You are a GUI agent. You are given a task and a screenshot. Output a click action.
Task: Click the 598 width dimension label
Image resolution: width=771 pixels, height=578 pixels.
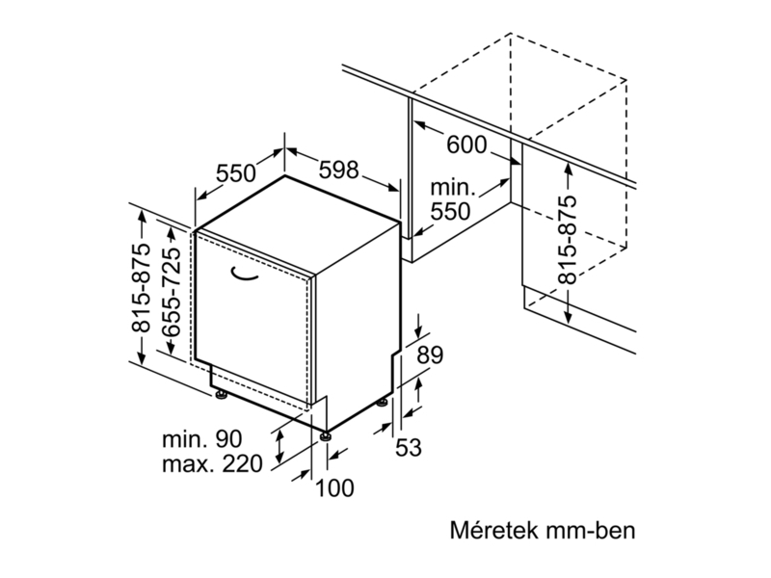(338, 170)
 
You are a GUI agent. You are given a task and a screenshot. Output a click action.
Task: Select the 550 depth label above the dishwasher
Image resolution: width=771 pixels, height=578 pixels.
(235, 174)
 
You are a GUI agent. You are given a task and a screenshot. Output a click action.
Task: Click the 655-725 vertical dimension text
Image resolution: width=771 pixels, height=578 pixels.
(173, 290)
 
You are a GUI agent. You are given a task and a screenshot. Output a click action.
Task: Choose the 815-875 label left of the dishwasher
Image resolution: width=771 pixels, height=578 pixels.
(142, 290)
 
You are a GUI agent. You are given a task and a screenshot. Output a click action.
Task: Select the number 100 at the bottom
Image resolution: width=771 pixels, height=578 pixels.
(334, 488)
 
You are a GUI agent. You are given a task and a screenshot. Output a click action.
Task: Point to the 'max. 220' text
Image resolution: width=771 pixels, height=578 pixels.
(210, 465)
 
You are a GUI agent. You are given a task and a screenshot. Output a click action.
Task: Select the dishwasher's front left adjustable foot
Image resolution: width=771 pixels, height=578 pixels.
(221, 394)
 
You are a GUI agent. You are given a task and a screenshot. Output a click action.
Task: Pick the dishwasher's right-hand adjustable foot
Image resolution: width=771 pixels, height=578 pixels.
(385, 402)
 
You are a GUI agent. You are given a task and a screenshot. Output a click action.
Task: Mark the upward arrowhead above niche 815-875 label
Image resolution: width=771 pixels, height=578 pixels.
(569, 171)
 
